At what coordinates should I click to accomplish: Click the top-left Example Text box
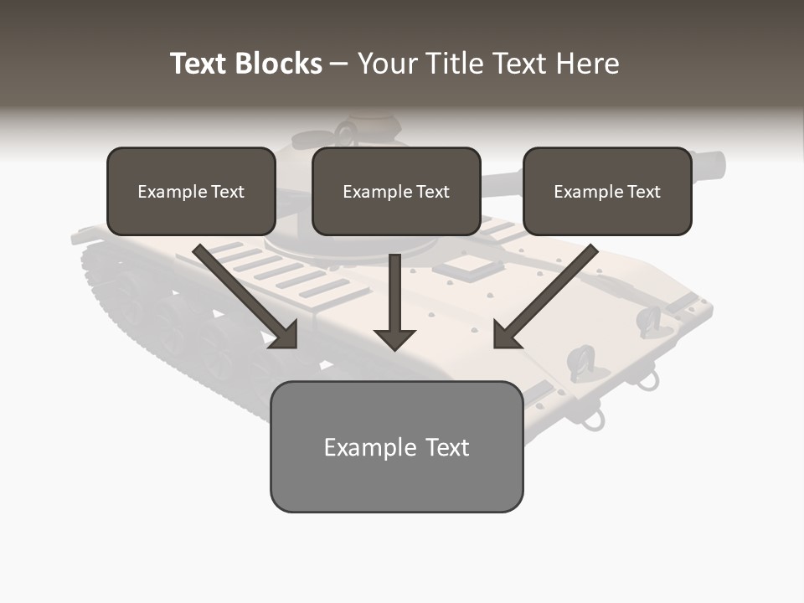pos(191,191)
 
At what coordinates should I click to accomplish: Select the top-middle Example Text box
pos(396,191)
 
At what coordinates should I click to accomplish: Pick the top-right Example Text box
pos(607,191)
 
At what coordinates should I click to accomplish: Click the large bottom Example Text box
pos(396,446)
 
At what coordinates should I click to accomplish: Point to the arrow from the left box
pos(247,297)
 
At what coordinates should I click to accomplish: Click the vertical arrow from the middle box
pos(394,306)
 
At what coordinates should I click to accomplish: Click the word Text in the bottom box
pos(448,447)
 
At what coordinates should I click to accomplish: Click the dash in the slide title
pos(339,64)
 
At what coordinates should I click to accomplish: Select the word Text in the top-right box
pos(644,192)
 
